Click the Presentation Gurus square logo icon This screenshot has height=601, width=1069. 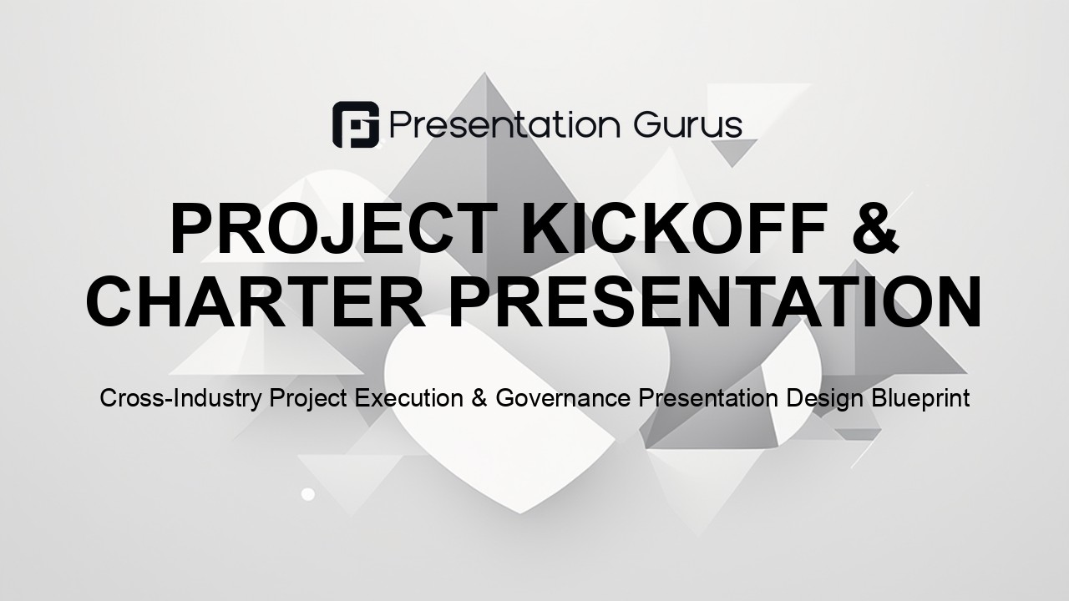point(356,124)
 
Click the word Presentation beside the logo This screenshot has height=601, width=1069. point(505,125)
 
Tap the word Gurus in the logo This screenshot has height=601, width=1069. point(687,126)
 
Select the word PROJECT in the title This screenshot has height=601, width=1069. point(336,229)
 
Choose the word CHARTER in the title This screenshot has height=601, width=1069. point(256,302)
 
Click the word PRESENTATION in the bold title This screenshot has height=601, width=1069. point(715,302)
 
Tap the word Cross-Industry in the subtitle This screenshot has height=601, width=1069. point(181,398)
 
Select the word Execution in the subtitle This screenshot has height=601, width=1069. point(408,398)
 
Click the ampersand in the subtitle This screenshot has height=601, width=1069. point(479,398)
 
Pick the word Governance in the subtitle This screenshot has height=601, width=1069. point(563,398)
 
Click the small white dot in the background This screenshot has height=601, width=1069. point(308,494)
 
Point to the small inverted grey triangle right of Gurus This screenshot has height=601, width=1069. point(731,150)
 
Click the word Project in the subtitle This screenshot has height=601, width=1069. point(308,399)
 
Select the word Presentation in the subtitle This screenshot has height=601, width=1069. point(708,398)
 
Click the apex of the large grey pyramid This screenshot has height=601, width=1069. point(484,73)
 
